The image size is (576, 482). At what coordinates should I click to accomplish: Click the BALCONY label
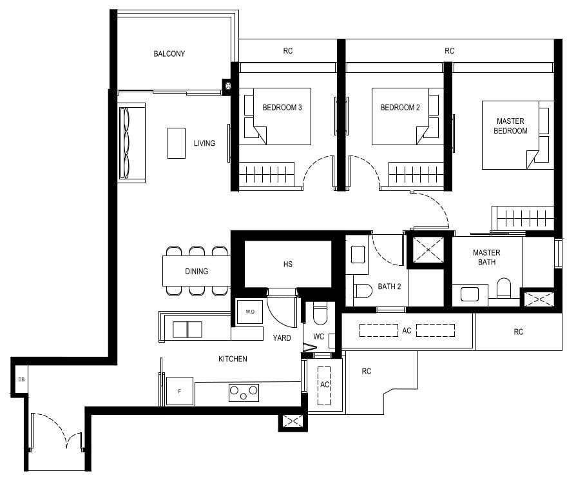tap(169, 54)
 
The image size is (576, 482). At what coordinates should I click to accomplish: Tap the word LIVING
tap(204, 143)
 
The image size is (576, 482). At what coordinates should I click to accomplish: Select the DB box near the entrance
tap(21, 379)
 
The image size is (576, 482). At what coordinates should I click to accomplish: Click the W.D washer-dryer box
tap(249, 312)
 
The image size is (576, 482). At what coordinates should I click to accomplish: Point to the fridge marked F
tap(179, 391)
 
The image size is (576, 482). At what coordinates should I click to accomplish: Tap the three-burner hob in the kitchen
tap(244, 392)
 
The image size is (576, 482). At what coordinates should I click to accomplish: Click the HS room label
tap(287, 265)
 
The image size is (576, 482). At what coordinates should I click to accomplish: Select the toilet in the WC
tap(319, 316)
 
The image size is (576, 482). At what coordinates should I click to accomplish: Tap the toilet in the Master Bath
tap(504, 288)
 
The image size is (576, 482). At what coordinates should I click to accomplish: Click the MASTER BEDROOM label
tap(510, 126)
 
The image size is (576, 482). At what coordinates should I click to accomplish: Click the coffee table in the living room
tap(176, 143)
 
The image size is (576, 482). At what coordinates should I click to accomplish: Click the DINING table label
tap(197, 271)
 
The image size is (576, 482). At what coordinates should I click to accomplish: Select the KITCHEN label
tap(233, 359)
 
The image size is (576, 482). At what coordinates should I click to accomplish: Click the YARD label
tap(282, 337)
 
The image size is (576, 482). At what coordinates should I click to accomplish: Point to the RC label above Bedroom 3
tap(287, 50)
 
